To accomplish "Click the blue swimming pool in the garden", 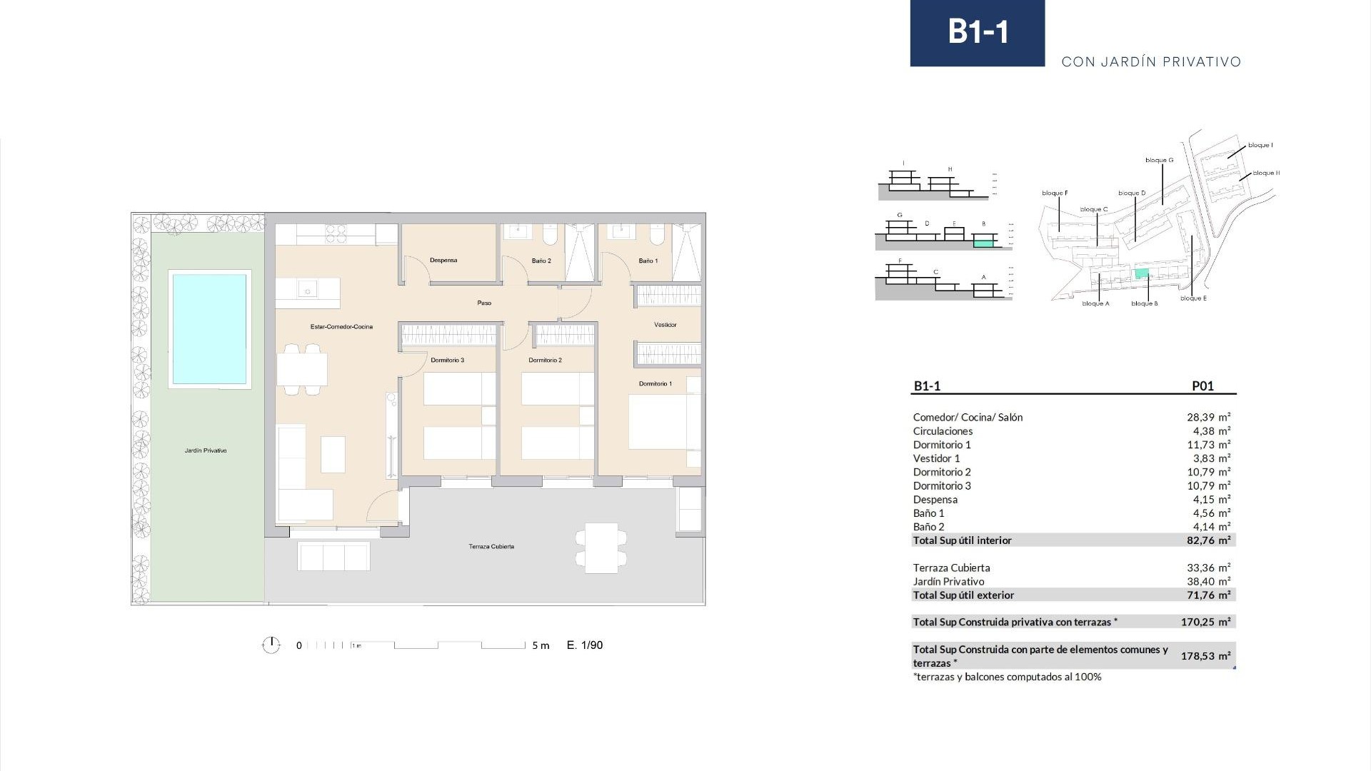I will tap(209, 328).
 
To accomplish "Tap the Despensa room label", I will tap(443, 261).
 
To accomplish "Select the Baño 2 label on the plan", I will tap(541, 261).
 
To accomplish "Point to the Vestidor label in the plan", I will tap(665, 325).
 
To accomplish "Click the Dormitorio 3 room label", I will tap(448, 361).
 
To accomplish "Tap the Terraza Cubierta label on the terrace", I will tap(491, 547).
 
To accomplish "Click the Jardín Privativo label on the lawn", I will tap(206, 451).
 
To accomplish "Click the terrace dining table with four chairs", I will tap(601, 548).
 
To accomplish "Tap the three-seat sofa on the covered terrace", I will tap(333, 556).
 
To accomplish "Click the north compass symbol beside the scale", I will tap(271, 645).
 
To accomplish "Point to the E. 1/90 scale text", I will tap(585, 645).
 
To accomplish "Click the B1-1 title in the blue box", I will tap(978, 32).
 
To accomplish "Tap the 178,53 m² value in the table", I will tap(1205, 656).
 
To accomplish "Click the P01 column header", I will tap(1202, 386).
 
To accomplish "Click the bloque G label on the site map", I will tap(1159, 161).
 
